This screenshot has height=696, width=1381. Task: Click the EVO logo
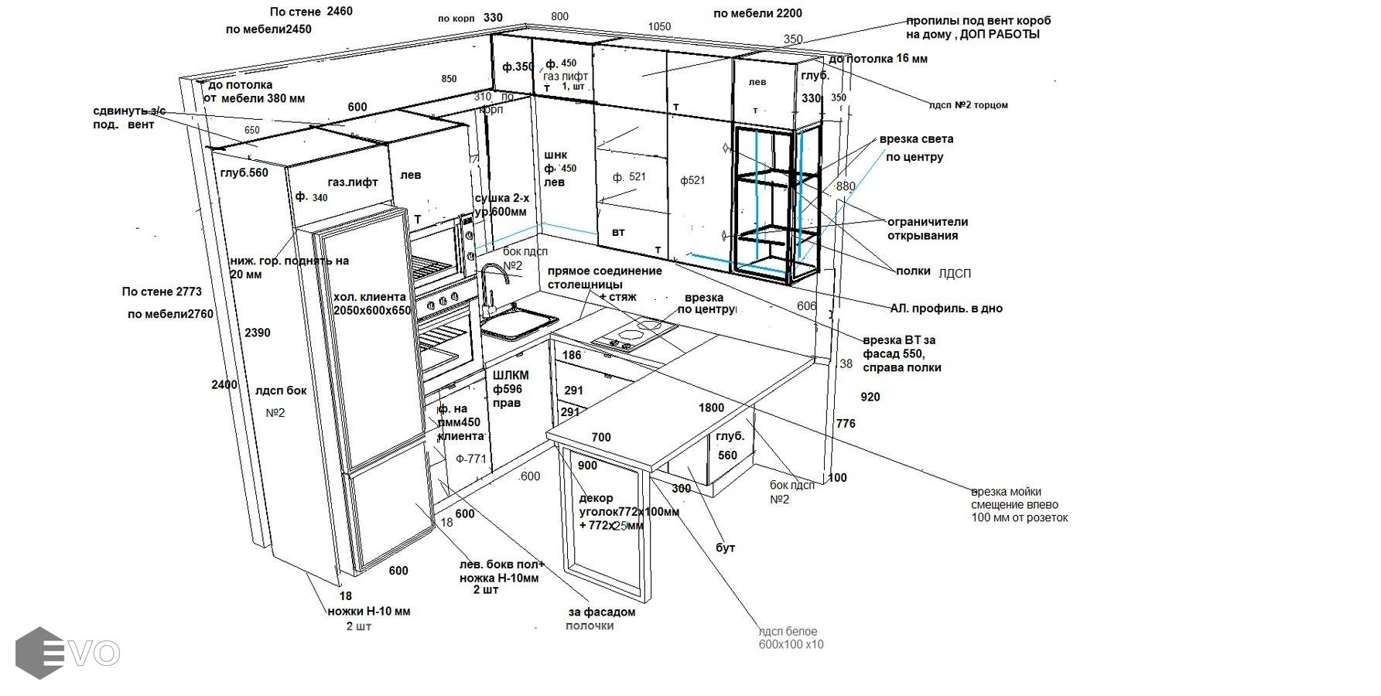coord(67,653)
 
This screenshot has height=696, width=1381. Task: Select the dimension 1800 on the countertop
coord(711,408)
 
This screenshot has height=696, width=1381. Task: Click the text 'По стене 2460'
coord(311,12)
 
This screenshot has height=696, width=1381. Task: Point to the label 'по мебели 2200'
coord(757,13)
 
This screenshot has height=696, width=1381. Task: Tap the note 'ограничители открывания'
coord(927,229)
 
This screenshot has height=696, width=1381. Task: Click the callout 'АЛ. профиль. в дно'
coord(946,309)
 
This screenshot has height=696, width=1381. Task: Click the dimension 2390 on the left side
coord(258,333)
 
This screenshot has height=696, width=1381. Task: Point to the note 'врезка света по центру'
coord(916,148)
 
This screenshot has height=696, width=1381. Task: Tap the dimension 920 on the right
coord(870,397)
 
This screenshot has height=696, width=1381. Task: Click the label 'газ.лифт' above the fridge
coord(353,183)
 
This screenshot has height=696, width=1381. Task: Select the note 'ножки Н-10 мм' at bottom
coord(369,612)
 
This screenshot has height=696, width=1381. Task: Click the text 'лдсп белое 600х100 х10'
coord(791,638)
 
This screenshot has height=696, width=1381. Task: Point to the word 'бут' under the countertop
coord(726,548)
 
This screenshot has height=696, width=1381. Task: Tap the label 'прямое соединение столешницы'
coord(604,278)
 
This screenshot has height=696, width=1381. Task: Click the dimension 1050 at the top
coord(659,27)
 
